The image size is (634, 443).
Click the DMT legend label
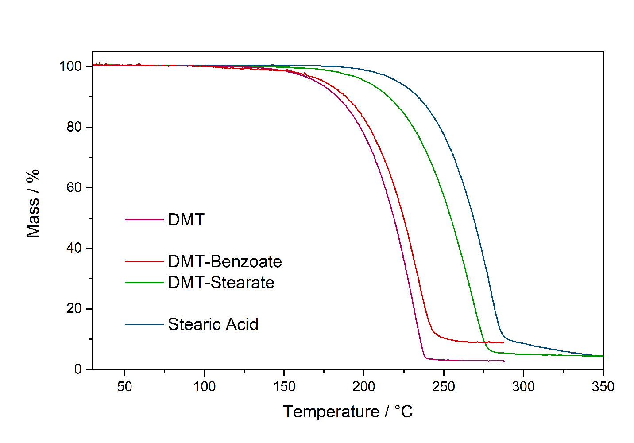[186, 220]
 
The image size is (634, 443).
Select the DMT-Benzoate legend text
[225, 261]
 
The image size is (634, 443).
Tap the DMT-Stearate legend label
[221, 282]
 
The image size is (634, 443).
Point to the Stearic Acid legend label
[213, 324]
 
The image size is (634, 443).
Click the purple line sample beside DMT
[144, 219]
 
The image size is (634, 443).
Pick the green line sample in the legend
[144, 282]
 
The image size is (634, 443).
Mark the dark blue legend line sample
[144, 324]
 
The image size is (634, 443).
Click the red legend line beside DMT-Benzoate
[144, 261]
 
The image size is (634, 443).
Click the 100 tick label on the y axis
[71, 66]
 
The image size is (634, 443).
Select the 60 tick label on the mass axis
[74, 187]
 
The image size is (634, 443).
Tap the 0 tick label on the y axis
[78, 369]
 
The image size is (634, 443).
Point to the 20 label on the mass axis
[74, 308]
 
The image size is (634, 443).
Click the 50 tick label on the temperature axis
[124, 387]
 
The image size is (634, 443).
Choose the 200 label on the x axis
[363, 387]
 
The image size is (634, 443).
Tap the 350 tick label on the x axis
[603, 387]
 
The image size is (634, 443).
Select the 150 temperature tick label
[284, 387]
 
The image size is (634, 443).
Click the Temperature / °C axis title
[348, 412]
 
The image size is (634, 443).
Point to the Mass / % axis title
[33, 203]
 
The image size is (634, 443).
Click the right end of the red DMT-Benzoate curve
[503, 342]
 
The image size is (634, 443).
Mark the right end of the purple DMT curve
[504, 361]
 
